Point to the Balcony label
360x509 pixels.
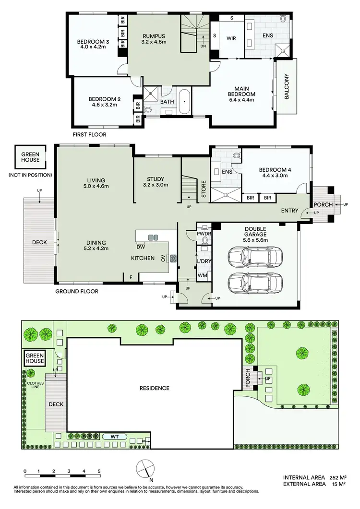click(x=287, y=86)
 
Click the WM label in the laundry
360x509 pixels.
click(x=202, y=276)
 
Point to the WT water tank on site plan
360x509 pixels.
click(x=113, y=437)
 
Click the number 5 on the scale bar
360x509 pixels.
click(x=99, y=471)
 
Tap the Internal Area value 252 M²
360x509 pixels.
click(x=338, y=478)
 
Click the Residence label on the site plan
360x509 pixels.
click(x=154, y=388)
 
